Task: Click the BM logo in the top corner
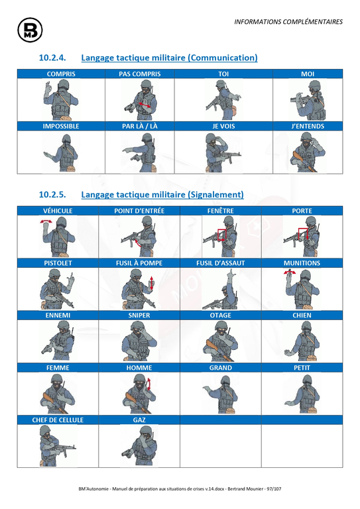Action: click(30, 30)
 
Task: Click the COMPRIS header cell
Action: click(61, 74)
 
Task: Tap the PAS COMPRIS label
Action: click(140, 74)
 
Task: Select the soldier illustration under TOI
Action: click(223, 99)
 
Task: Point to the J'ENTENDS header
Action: click(308, 127)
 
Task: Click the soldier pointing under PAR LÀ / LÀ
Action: click(140, 152)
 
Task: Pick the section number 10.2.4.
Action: click(52, 58)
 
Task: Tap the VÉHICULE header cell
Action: click(58, 211)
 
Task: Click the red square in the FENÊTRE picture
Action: click(221, 235)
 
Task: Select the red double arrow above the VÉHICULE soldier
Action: click(46, 221)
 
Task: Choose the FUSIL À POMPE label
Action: click(139, 263)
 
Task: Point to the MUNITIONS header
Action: click(302, 263)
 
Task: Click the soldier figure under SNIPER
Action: click(139, 341)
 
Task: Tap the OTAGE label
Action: click(220, 315)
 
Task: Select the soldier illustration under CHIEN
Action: click(301, 341)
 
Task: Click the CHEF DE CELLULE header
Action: click(58, 420)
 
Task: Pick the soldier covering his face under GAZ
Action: click(140, 445)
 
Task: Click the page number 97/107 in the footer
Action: click(274, 489)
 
